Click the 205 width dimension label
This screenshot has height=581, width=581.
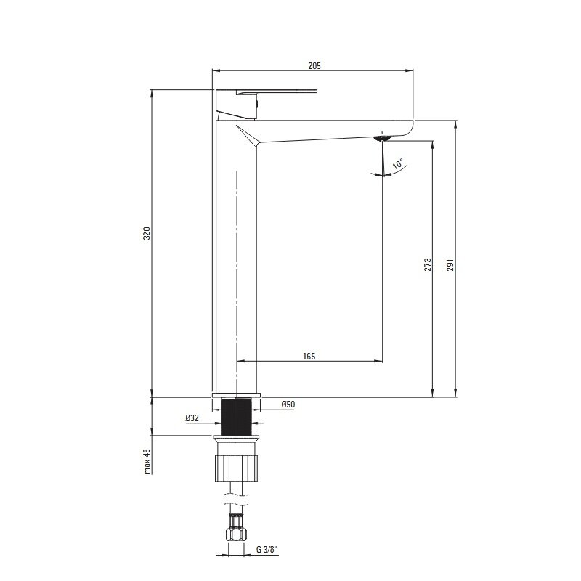[x=314, y=66]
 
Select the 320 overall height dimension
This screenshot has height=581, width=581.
[x=147, y=233]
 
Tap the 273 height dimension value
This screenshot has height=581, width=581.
[x=428, y=264]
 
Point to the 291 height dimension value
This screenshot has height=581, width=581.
[x=450, y=264]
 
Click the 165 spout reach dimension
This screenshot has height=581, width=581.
[x=309, y=356]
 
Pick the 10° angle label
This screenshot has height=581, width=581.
[x=397, y=163]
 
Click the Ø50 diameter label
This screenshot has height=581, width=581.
[x=288, y=405]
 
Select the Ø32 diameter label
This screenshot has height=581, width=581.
[x=192, y=418]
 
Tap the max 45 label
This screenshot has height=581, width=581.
[x=147, y=461]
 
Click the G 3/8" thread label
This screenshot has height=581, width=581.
[x=267, y=550]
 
